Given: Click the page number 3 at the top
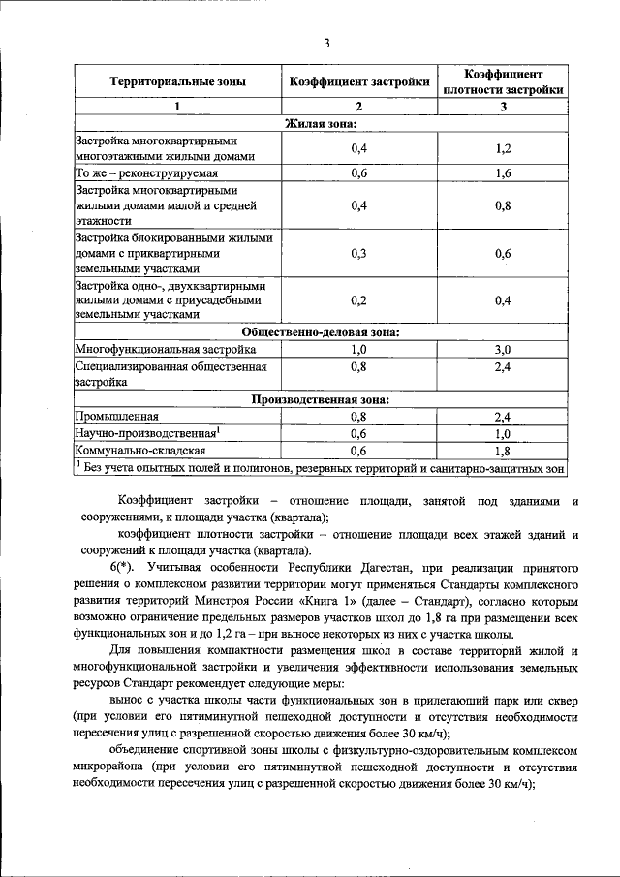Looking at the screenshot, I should (x=326, y=43).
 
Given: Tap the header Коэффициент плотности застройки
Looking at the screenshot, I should (x=503, y=82).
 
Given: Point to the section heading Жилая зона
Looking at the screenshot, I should (x=320, y=123).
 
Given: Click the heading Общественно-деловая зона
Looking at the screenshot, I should (x=320, y=331).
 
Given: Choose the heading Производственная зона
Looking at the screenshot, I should (x=320, y=398).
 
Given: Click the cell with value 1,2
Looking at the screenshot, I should (x=503, y=148).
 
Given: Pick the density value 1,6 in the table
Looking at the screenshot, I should (x=503, y=173).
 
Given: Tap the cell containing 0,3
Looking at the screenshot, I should (x=359, y=253).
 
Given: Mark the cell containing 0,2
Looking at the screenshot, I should (x=359, y=299).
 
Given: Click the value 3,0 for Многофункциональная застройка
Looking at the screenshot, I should (x=503, y=348).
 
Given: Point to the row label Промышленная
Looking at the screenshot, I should (x=118, y=416).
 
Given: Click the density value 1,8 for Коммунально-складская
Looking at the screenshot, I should (x=503, y=450).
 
